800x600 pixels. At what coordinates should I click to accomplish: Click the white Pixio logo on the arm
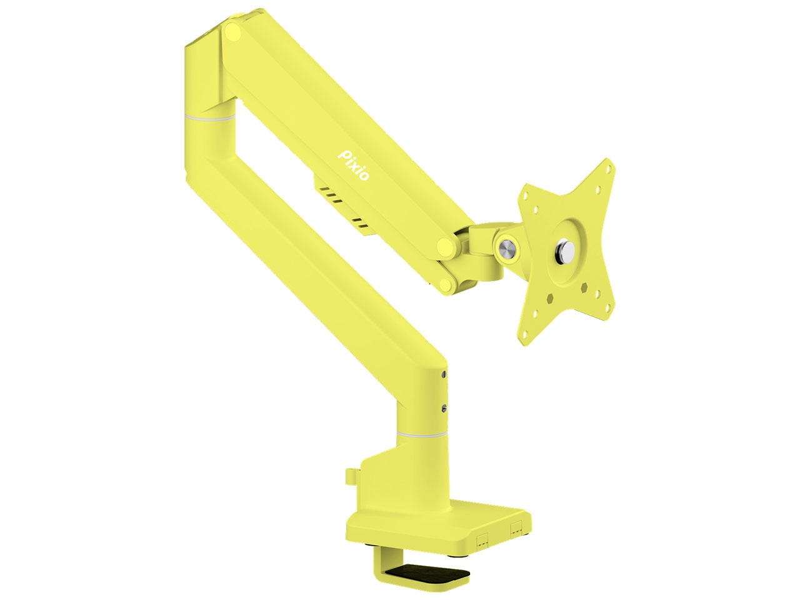click(x=354, y=164)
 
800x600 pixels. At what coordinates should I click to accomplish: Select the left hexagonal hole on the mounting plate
click(x=550, y=298)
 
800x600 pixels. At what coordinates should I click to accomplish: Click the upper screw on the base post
click(x=443, y=375)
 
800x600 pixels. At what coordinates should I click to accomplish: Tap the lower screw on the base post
click(x=443, y=409)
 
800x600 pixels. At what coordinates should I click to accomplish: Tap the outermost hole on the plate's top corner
click(x=605, y=169)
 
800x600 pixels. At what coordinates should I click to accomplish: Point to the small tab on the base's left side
click(x=349, y=476)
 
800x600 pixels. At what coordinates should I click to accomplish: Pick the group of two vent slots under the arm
click(x=360, y=224)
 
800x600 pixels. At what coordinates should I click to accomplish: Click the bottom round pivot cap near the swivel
click(x=445, y=285)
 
